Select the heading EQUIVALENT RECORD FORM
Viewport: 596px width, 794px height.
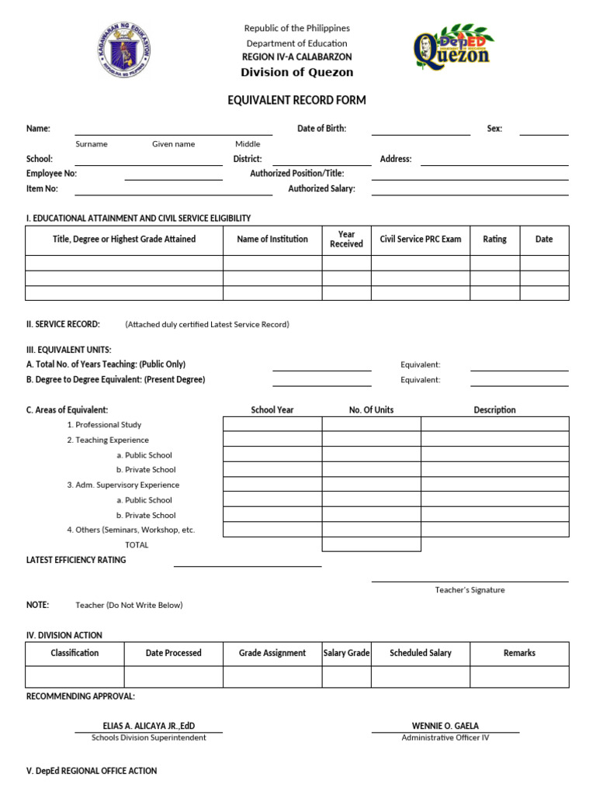pyautogui.click(x=296, y=100)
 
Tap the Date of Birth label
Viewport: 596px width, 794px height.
pyautogui.click(x=321, y=129)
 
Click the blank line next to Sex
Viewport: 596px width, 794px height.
pyautogui.click(x=543, y=129)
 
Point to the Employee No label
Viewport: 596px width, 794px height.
pyautogui.click(x=51, y=174)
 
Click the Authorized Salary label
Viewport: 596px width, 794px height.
pyautogui.click(x=321, y=188)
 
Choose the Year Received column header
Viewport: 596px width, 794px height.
pyautogui.click(x=346, y=240)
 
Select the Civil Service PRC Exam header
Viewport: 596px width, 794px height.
pyautogui.click(x=420, y=240)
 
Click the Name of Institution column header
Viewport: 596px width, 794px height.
pyautogui.click(x=272, y=240)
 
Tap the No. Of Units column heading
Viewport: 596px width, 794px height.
pyautogui.click(x=371, y=410)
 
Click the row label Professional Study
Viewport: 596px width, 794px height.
pyautogui.click(x=104, y=425)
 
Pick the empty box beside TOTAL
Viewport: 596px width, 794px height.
pyautogui.click(x=371, y=544)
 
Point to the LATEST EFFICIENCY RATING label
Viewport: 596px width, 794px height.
pyautogui.click(x=76, y=560)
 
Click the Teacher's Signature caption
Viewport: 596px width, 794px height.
pyautogui.click(x=470, y=590)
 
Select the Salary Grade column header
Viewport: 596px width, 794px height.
pyautogui.click(x=346, y=654)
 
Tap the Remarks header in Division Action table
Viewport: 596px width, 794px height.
pyautogui.click(x=519, y=654)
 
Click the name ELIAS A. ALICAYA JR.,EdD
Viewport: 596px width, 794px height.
pyautogui.click(x=149, y=726)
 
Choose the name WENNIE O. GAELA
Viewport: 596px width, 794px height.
pyautogui.click(x=445, y=726)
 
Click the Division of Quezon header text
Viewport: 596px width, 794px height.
pyautogui.click(x=296, y=72)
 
